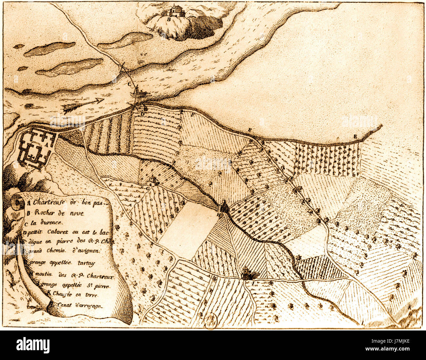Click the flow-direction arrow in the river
(x=84, y=104)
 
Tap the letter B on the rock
(x=169, y=19)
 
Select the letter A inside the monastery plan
(x=46, y=144)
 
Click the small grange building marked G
(x=153, y=181)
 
